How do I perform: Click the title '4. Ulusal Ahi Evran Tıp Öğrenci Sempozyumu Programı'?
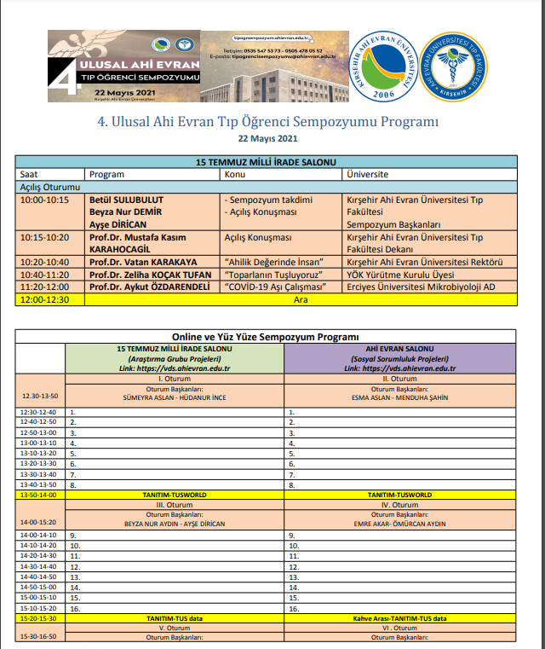tap(268, 121)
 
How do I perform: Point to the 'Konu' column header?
tap(236, 174)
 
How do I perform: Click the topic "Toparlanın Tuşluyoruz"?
tap(272, 275)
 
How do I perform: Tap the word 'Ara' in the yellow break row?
tap(300, 299)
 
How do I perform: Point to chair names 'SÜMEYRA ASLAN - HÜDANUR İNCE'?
tap(178, 397)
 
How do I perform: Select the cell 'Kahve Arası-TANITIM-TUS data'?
tap(399, 617)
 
